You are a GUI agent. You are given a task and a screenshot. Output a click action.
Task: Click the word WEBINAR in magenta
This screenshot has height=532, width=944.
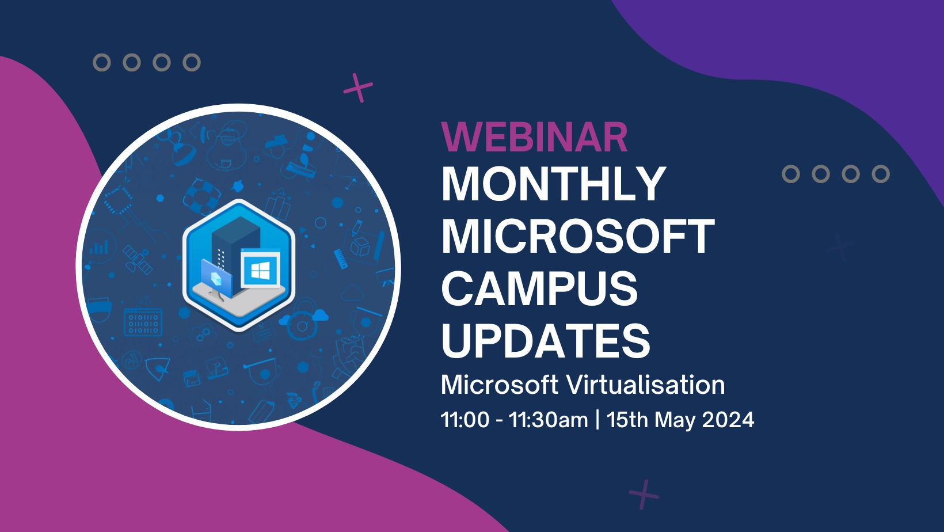coord(534,138)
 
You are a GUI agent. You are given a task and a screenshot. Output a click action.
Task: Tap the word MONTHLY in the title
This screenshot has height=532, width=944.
coord(553,184)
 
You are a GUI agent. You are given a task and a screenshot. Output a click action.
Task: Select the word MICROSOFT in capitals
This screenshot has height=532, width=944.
coord(577,237)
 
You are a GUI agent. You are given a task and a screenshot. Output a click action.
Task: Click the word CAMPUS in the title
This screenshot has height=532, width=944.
coord(539,289)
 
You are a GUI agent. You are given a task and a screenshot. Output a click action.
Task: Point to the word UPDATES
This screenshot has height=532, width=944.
coord(545,341)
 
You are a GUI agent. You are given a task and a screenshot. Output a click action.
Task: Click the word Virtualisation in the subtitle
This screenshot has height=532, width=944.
coord(645,385)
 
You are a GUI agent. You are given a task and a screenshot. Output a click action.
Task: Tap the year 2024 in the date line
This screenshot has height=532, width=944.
coord(728,420)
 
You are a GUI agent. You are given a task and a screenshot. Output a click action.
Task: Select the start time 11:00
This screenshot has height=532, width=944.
coord(465,420)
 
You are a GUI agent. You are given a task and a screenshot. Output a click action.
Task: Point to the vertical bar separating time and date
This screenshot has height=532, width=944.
coord(597,420)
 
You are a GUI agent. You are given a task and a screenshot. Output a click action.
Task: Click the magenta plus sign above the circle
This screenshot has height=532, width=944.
coord(358,88)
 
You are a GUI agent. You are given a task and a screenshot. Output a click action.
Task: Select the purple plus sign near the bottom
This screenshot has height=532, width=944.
coord(644,494)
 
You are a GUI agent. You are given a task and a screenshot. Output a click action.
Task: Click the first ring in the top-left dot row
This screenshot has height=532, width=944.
coord(102,62)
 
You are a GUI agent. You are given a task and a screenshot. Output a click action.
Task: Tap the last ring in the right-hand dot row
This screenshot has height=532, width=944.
coord(880,174)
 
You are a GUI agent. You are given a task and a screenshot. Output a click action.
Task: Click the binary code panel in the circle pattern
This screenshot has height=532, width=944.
coord(143,324)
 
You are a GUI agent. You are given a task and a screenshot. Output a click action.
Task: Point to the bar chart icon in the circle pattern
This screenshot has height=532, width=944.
coord(98,248)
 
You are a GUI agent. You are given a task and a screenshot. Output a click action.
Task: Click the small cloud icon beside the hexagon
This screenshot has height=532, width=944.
coord(318,314)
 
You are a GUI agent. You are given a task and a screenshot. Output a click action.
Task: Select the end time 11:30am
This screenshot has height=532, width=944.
coord(548,420)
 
